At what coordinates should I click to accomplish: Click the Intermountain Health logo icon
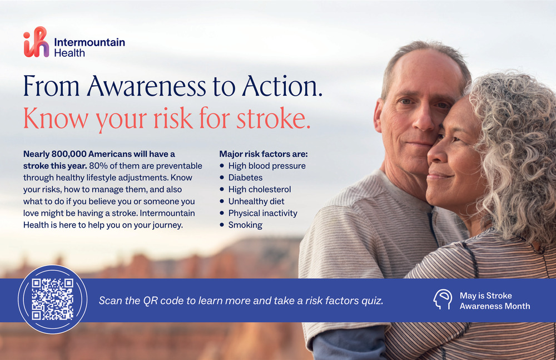coord(36,42)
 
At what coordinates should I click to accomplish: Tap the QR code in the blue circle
coord(52,299)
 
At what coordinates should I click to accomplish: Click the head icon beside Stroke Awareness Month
coord(443,299)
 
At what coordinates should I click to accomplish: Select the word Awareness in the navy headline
coord(146,86)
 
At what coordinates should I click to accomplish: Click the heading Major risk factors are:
coord(264,154)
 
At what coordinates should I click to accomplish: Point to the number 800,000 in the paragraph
coord(69,154)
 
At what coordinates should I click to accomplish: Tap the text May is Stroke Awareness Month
coord(495,300)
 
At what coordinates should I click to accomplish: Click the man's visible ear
coord(379,115)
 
